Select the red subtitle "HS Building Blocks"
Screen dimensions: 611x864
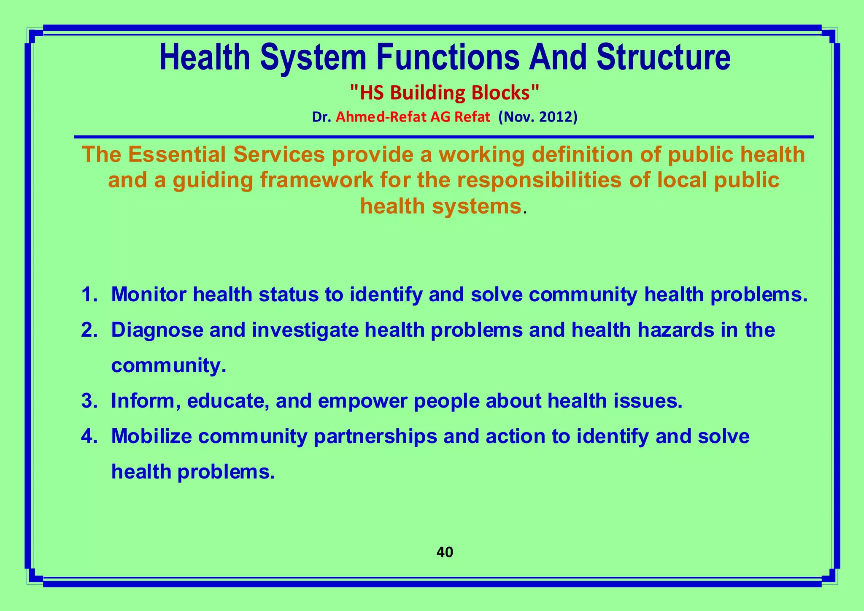click(x=445, y=93)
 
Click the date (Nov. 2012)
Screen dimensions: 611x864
click(x=537, y=117)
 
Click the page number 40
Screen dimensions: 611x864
click(x=445, y=552)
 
